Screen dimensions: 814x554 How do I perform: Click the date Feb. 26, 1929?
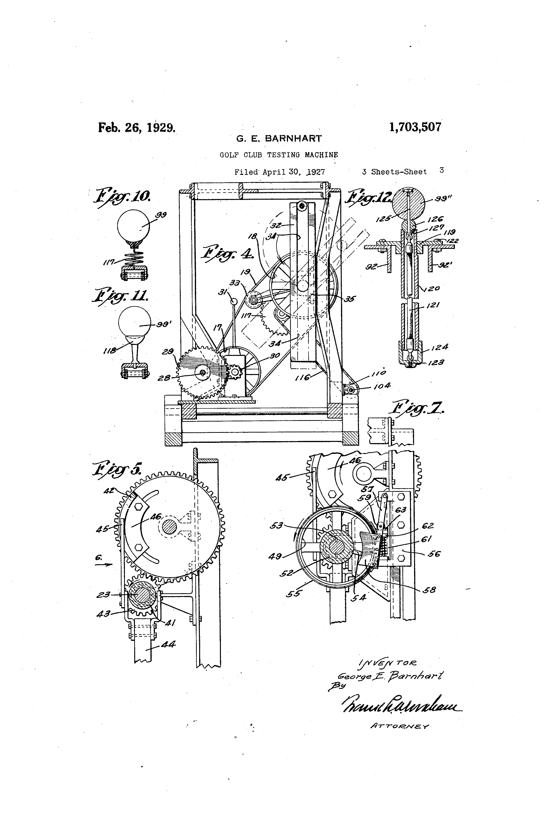tap(137, 127)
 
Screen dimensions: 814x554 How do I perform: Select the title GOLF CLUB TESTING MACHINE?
tap(279, 155)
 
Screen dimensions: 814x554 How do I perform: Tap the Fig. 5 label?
tap(117, 469)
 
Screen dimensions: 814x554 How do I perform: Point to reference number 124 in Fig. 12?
tap(439, 348)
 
